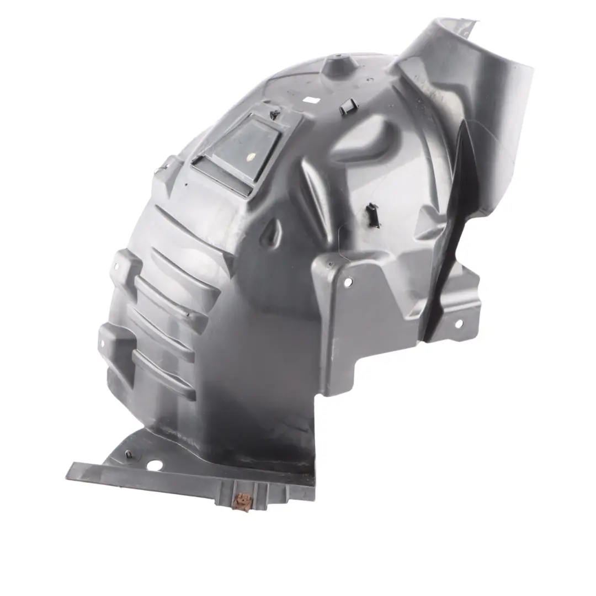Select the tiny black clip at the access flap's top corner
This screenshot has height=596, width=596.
274,114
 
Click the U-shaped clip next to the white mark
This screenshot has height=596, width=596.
348,107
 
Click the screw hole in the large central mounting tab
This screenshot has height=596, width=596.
348,283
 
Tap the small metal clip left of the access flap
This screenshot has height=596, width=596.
161,168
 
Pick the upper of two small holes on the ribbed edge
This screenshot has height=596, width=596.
117,267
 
